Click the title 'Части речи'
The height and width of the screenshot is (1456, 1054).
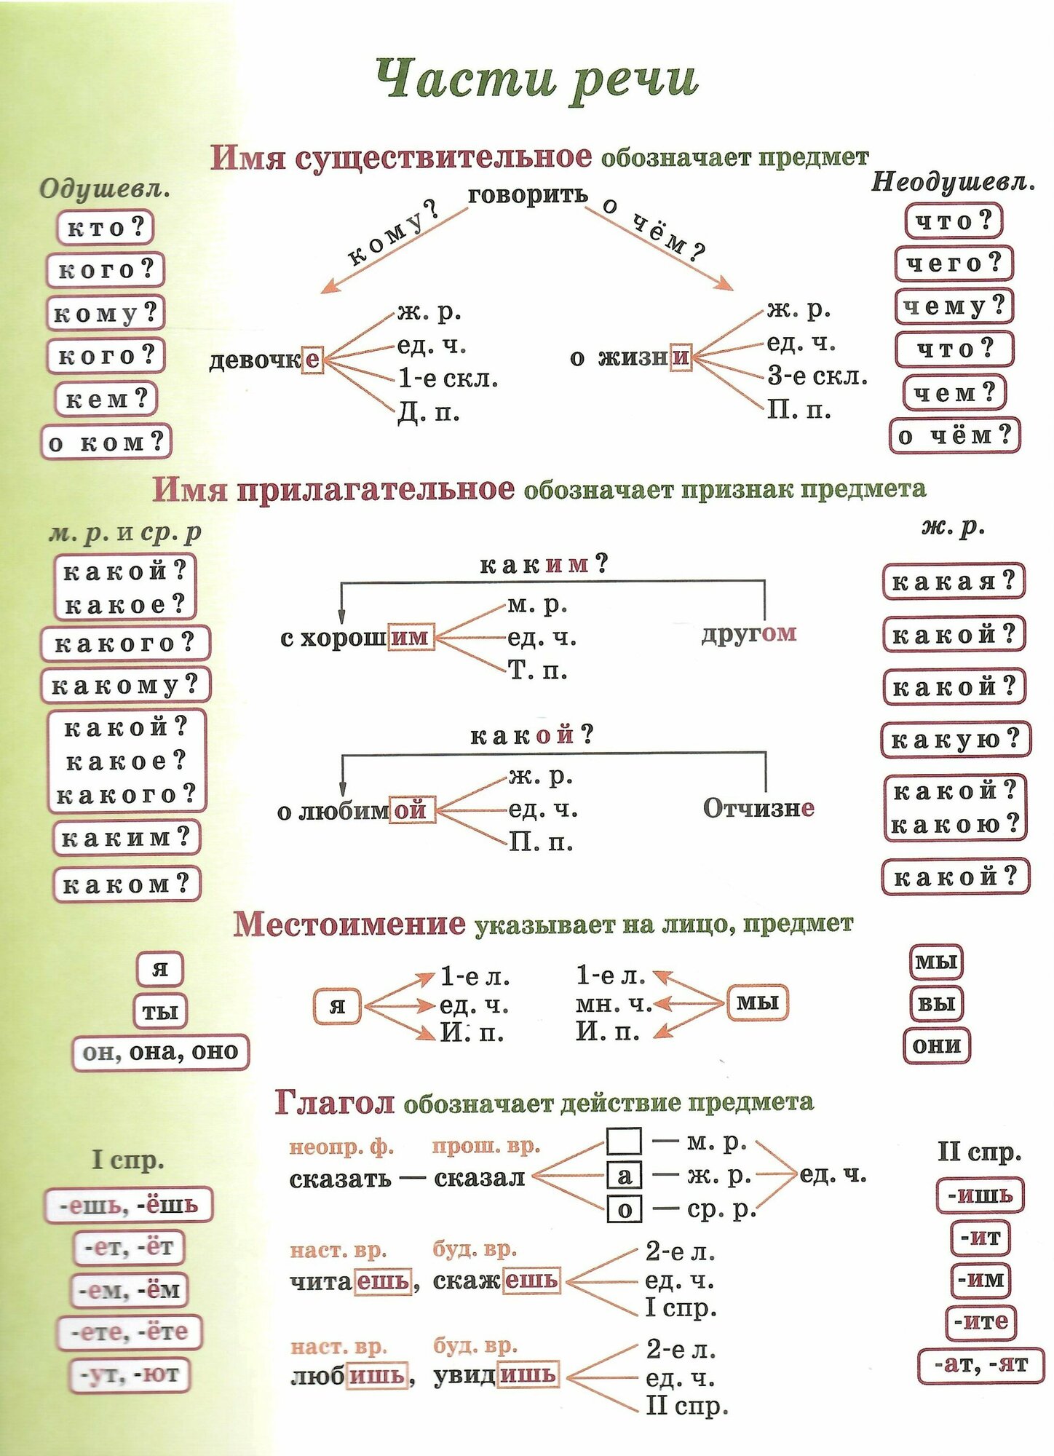[x=537, y=79]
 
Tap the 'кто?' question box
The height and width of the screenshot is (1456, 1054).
[x=106, y=227]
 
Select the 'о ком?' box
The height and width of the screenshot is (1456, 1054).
[x=106, y=442]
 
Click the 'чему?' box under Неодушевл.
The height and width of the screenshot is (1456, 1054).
[x=954, y=306]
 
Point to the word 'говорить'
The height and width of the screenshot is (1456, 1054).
[x=528, y=195]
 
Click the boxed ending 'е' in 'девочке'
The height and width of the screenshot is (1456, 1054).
[x=312, y=359]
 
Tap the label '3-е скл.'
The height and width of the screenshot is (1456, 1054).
[x=817, y=376]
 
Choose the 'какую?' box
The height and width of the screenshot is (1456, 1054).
[x=955, y=740]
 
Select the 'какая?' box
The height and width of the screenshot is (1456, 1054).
[x=954, y=582]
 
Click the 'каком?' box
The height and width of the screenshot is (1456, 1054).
[x=126, y=885]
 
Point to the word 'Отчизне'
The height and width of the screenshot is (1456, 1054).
[x=758, y=808]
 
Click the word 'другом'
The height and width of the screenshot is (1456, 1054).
[x=749, y=633]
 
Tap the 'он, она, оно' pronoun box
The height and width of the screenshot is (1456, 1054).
[x=160, y=1053]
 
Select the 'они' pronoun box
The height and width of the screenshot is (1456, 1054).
[x=937, y=1046]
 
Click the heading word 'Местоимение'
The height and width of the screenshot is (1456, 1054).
[x=349, y=924]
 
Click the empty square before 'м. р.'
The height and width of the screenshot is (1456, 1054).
[x=624, y=1141]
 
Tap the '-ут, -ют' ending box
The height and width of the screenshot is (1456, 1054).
[x=130, y=1375]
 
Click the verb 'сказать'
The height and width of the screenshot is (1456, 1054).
[x=340, y=1179]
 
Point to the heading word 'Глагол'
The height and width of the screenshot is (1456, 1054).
[x=335, y=1103]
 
